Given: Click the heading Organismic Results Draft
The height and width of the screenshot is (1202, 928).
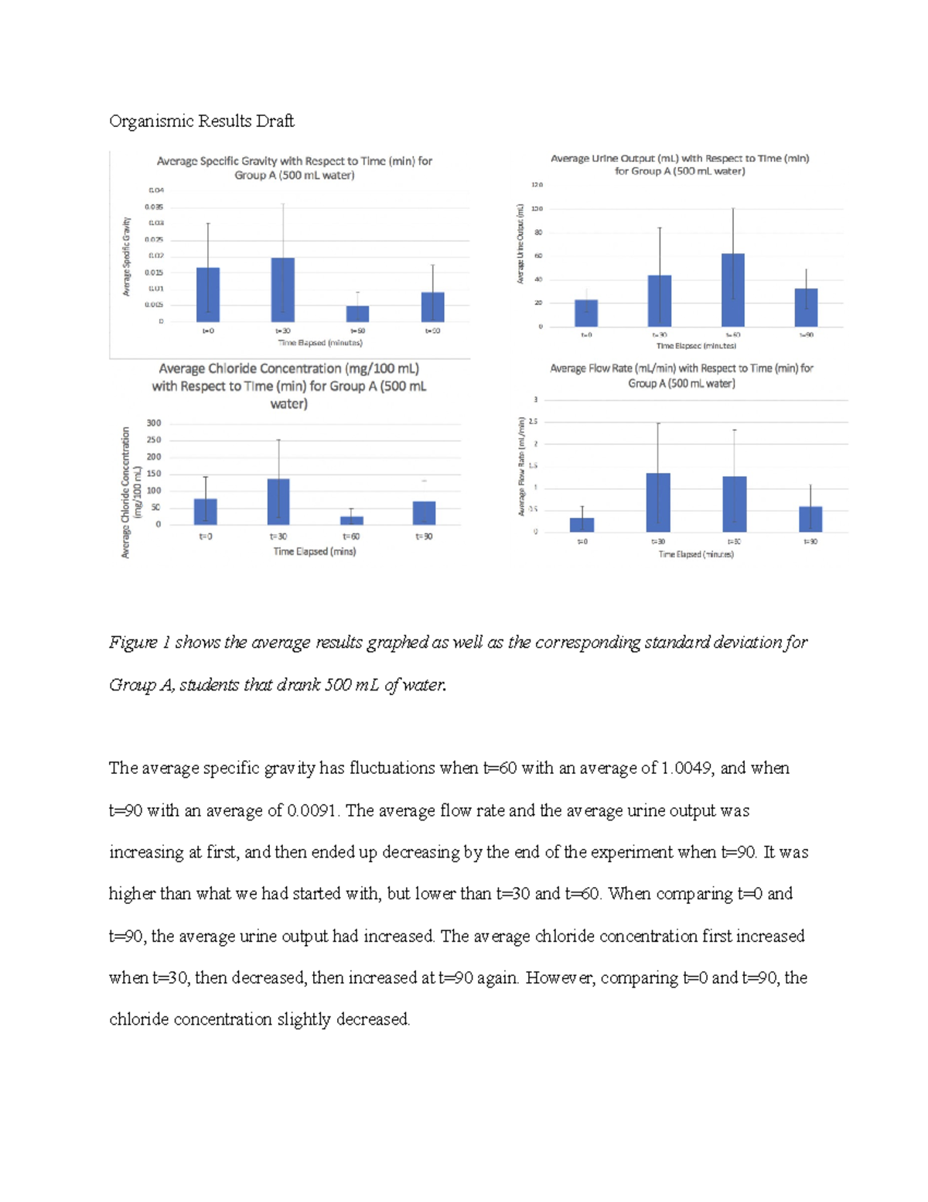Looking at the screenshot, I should coord(201,121).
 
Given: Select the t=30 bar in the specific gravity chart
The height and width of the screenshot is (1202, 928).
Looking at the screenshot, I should coord(283,289).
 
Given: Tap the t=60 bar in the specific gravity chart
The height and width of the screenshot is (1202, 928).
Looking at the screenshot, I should coord(357,313).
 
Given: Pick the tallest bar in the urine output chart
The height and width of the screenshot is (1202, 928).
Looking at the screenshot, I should coord(733,290).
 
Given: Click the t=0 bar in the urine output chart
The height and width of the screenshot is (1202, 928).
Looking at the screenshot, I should coord(586,313).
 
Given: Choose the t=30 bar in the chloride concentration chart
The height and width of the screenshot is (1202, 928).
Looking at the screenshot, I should coord(278,502).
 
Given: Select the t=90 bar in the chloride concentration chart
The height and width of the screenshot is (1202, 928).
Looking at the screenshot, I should coord(424,512).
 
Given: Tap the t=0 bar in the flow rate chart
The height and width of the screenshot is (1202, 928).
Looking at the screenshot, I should coord(582,524).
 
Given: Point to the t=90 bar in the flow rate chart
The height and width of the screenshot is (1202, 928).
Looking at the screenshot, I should coord(810,519).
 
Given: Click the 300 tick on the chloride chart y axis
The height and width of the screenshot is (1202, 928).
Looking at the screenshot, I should coord(154,423).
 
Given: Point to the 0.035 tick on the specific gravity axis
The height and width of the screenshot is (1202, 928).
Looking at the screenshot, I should coord(154,207).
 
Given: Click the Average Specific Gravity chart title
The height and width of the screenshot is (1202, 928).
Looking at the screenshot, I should coord(294,168).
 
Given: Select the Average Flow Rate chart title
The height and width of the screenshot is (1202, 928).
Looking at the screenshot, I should coord(681,375).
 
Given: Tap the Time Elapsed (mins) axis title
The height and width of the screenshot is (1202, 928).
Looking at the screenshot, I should coord(315,552).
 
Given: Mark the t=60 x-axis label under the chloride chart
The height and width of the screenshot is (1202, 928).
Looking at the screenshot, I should coord(351,536).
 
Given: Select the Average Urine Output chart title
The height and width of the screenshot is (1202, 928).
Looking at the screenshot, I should coord(680,164).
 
